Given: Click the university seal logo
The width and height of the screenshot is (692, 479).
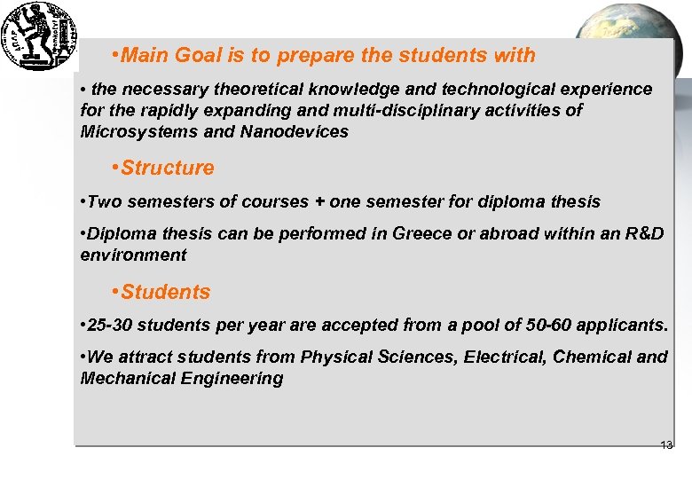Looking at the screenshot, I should click(x=39, y=35).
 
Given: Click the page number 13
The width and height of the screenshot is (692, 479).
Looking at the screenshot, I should click(x=666, y=445).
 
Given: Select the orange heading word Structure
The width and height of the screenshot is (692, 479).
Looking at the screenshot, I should click(x=168, y=168).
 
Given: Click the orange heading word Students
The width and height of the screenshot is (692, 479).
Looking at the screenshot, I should click(x=166, y=292).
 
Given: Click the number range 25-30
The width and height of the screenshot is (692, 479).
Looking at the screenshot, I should click(x=111, y=325).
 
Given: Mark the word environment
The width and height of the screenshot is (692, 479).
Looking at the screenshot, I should click(x=133, y=255).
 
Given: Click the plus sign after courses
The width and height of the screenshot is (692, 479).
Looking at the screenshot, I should click(x=318, y=201).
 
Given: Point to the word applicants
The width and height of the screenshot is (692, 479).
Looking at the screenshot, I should click(x=623, y=325).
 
